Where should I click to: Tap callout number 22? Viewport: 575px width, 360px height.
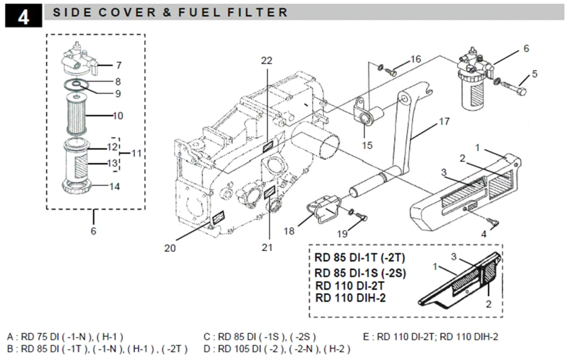(267, 61)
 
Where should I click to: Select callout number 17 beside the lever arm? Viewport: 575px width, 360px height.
(444, 122)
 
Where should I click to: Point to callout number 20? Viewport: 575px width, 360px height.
(170, 248)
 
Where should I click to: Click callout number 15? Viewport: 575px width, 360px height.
(367, 145)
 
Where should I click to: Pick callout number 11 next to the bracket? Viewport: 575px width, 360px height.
(136, 154)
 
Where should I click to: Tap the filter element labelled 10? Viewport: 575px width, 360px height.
(76, 114)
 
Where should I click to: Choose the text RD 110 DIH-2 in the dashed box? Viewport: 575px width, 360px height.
(350, 298)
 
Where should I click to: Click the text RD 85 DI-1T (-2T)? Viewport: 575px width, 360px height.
(360, 258)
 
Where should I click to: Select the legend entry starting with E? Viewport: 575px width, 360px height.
(431, 337)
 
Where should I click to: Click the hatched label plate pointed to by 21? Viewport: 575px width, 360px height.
(269, 192)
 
